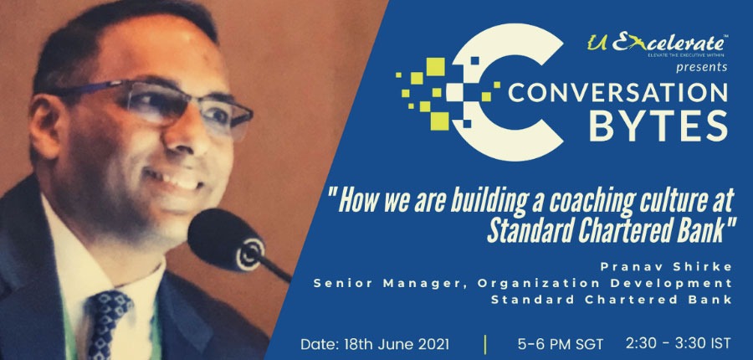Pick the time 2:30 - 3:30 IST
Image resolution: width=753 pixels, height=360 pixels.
(680, 342)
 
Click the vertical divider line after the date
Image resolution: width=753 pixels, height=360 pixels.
(484, 342)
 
